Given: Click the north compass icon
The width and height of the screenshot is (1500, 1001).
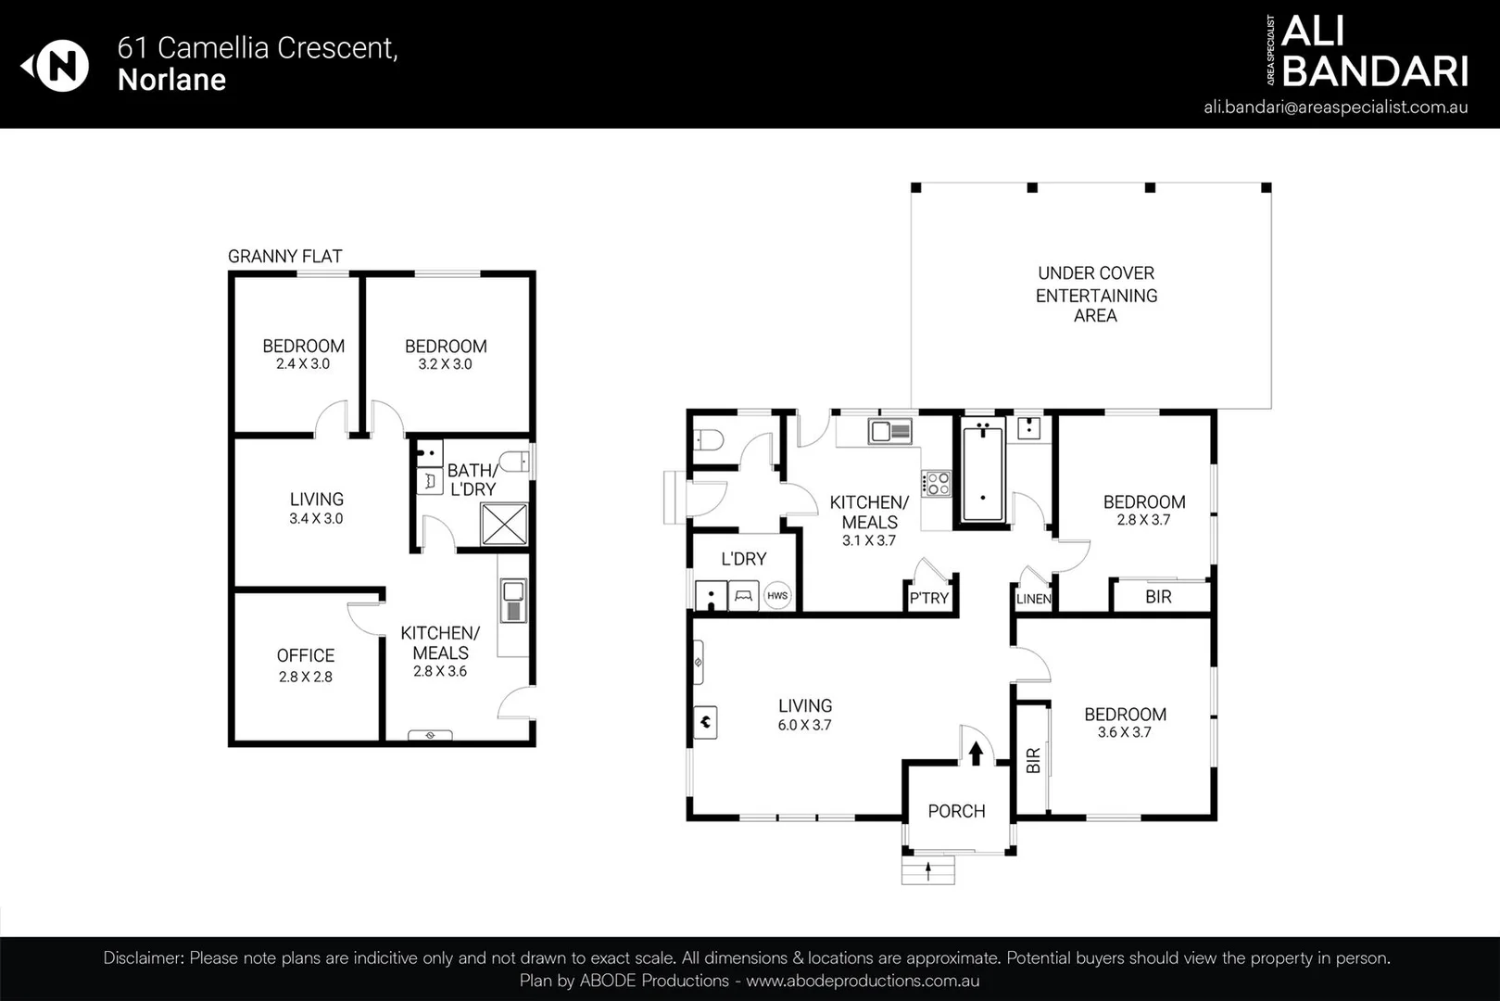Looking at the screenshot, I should click(57, 66).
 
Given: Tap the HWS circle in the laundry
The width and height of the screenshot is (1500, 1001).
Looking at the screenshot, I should click(776, 596).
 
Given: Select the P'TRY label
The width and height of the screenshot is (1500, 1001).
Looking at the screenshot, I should click(928, 598).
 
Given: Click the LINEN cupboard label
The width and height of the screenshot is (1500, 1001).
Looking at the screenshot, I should click(1033, 599).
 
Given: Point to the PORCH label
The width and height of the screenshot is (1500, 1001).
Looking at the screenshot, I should click(956, 811).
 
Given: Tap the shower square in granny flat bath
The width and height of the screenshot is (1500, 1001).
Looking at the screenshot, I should click(504, 525).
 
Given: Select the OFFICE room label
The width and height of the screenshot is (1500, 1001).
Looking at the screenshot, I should click(306, 655).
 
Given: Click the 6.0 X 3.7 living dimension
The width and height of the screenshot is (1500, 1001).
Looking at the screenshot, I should click(804, 726).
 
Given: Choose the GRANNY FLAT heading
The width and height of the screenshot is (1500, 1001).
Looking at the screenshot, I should click(284, 256).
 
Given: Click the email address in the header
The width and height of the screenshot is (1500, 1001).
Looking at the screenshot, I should click(1335, 107).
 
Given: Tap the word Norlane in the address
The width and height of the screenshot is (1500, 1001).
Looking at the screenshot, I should click(171, 80).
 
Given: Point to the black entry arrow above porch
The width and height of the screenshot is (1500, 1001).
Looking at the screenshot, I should click(975, 752).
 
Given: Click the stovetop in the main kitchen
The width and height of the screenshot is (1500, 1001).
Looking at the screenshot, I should click(936, 483).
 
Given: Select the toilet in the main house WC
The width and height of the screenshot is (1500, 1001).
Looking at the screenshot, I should click(708, 439).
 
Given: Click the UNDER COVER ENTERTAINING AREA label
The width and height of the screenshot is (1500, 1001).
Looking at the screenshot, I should click(1095, 295).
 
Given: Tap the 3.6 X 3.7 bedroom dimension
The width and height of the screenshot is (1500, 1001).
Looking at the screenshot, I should click(1124, 732).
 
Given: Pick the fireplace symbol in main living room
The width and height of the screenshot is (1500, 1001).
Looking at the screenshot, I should click(705, 721).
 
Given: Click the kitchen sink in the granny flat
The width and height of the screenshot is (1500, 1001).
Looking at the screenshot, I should click(512, 601).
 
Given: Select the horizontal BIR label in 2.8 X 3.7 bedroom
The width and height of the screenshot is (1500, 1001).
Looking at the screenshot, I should click(1158, 597).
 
